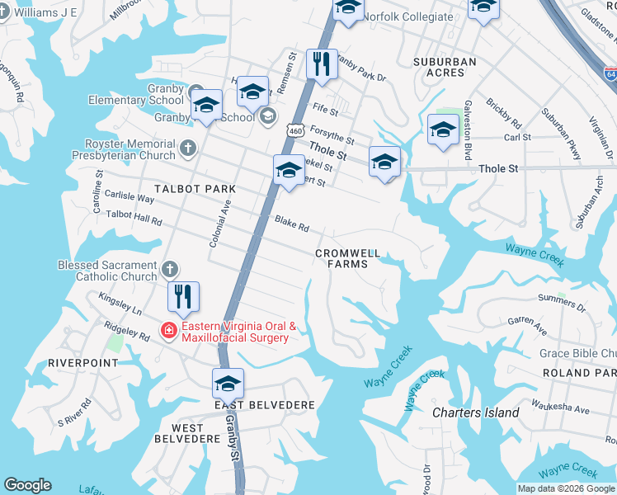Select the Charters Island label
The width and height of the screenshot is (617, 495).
pos(476,412)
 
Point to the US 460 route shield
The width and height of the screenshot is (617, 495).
pos(295,130)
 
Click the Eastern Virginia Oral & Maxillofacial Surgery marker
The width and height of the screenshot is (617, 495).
pos(168,331)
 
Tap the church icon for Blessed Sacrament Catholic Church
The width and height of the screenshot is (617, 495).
pos(169,269)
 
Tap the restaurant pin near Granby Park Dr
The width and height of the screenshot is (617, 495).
pos(322,64)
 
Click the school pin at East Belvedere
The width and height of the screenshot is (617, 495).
pos(228,383)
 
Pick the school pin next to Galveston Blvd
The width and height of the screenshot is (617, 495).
pos(443,130)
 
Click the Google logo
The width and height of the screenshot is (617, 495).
pos(27,485)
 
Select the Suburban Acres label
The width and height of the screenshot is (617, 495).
pos(445,67)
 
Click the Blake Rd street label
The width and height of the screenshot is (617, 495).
pos(291,224)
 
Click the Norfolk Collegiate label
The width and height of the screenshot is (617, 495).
pos(408,16)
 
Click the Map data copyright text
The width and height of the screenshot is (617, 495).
pos(565,488)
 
